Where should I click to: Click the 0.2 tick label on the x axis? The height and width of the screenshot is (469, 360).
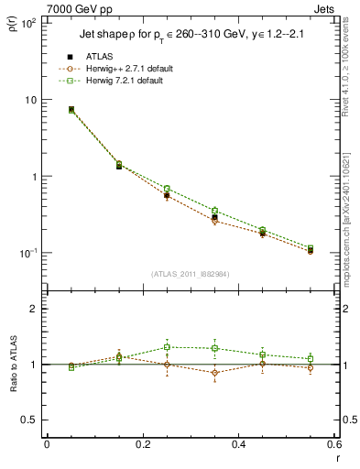click(142, 444)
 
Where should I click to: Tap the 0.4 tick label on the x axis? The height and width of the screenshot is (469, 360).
click(238, 444)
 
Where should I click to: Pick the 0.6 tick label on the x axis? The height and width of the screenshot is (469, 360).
click(333, 444)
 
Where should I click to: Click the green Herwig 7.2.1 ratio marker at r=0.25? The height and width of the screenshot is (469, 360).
click(167, 347)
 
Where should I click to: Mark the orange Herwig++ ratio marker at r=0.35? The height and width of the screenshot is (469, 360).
click(214, 372)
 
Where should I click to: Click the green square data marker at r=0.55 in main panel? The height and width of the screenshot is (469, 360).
click(311, 248)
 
